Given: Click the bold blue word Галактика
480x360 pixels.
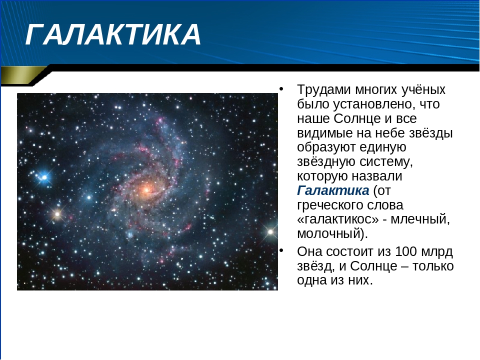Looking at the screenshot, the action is click(x=333, y=190).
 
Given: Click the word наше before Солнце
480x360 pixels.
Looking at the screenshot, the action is click(x=313, y=119).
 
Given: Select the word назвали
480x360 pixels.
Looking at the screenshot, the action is click(x=377, y=176).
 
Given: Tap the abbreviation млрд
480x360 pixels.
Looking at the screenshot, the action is click(x=437, y=252).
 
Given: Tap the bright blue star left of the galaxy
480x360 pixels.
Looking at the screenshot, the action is click(x=44, y=177).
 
